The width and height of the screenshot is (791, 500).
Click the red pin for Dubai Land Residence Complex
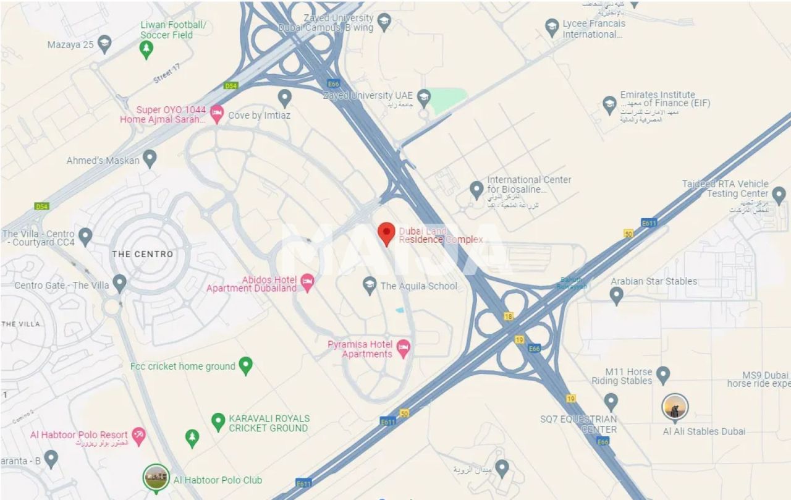tap(386, 234)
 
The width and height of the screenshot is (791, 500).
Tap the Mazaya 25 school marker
tap(104, 43)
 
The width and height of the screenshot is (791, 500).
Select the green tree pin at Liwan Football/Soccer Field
tap(146, 49)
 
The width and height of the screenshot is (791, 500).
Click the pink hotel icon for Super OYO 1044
tap(217, 113)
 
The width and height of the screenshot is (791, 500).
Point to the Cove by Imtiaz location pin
tap(284, 97)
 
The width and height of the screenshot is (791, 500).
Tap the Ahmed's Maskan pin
tap(150, 158)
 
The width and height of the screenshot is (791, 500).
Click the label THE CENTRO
tap(142, 254)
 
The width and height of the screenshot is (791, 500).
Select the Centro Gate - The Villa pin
tap(120, 283)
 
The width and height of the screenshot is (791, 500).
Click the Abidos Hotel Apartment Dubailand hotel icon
tap(307, 282)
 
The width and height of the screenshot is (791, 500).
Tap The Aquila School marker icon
tap(370, 284)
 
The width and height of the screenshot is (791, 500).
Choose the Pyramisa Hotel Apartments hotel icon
tap(403, 348)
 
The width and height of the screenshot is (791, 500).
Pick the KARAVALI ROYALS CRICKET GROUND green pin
tap(218, 422)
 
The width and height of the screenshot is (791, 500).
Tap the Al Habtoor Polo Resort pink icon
tap(139, 436)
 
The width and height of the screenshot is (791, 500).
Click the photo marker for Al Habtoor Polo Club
tap(156, 478)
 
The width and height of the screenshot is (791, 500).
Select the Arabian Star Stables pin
tap(616, 295)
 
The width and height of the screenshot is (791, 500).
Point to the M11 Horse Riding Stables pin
tap(663, 374)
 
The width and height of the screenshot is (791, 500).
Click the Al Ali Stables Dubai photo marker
tap(675, 409)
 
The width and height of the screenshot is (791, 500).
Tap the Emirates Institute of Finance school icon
tap(610, 104)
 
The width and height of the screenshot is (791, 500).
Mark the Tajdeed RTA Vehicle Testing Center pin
tap(779, 195)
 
